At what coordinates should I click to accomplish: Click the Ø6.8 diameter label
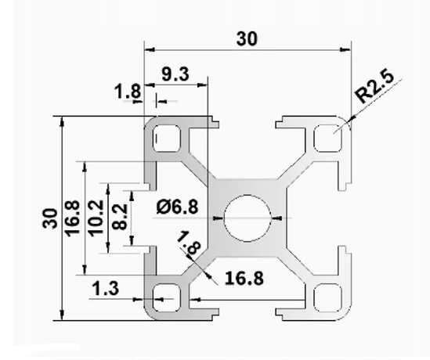[x=175, y=207]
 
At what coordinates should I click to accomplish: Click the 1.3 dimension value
[x=106, y=290]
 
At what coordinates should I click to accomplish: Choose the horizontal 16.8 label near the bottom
[x=243, y=277]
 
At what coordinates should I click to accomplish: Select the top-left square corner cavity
[x=167, y=139]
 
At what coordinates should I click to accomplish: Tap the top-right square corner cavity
[x=327, y=139]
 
